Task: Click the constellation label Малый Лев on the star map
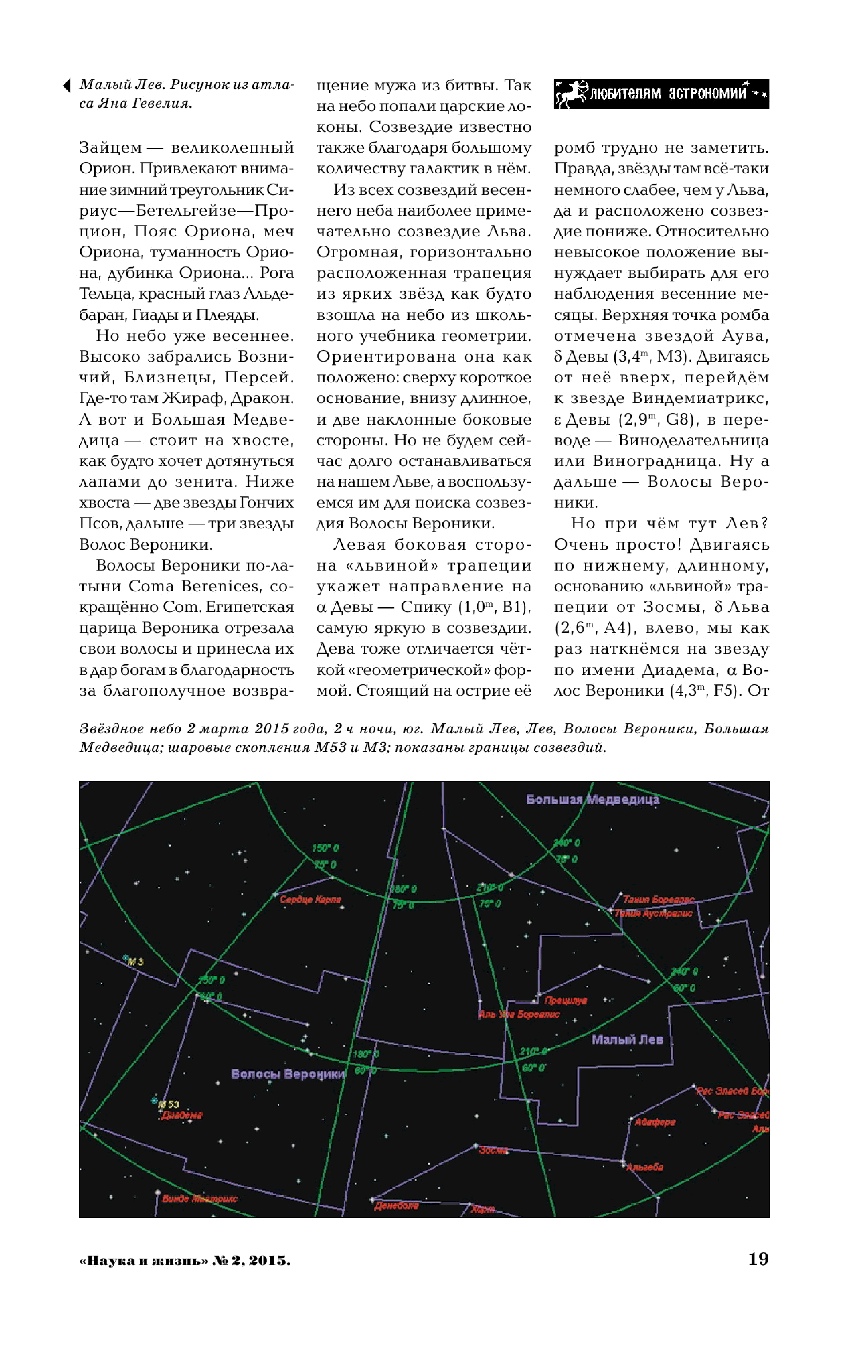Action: pos(627,1040)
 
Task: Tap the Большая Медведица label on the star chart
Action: pos(592,799)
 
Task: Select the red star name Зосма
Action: pos(493,1150)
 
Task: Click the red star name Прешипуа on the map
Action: pos(566,1000)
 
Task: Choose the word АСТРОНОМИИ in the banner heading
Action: pos(707,93)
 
